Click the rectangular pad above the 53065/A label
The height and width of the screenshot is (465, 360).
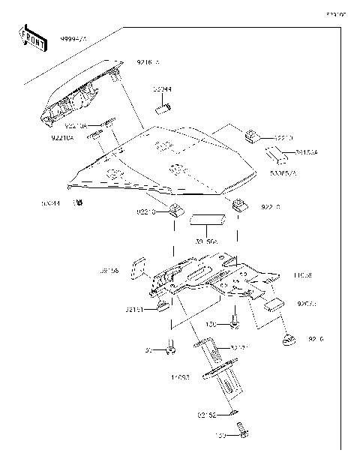(275, 156)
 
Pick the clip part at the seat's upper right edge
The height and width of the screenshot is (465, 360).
(252, 136)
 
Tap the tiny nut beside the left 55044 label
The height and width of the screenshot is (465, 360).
(77, 202)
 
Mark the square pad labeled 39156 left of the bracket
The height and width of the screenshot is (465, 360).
(139, 268)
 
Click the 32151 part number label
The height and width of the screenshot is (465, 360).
(135, 309)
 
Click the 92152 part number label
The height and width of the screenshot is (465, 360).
(207, 413)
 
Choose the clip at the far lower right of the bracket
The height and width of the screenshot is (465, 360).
(289, 341)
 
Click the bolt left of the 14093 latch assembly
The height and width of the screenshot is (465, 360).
(171, 347)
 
